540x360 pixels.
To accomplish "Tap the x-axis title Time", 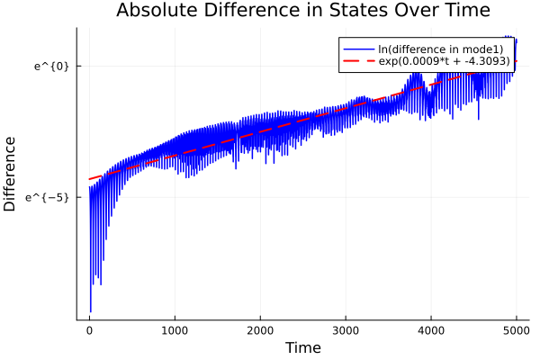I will [302, 347].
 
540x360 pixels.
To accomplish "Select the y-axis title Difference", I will [10, 174].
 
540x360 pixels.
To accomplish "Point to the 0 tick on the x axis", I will [89, 330].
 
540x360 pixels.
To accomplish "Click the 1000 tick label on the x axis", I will [175, 330].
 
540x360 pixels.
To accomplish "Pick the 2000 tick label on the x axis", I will [260, 330].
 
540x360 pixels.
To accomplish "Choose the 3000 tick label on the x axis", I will [346, 330].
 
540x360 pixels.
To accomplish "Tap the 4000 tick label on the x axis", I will [431, 330].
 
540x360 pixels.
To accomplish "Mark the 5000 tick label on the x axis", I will [517, 330].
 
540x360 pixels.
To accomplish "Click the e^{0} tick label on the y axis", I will [51, 66].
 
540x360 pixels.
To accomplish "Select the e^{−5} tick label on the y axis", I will [48, 196].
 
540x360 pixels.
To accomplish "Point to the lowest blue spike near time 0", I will [91, 310].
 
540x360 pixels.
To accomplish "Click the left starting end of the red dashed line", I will [89, 179].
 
